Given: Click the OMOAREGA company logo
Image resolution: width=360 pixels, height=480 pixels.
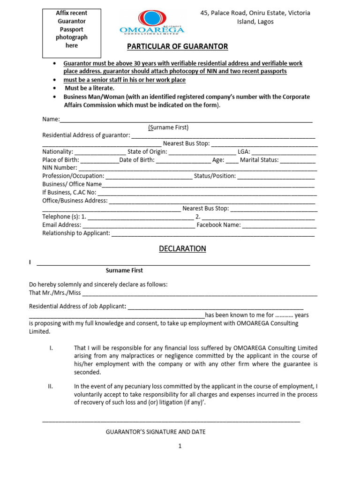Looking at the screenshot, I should [x=152, y=22].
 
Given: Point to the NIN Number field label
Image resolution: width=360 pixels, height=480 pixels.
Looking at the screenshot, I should [x=60, y=167].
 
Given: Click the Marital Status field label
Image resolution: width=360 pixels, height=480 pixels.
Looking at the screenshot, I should [x=259, y=160].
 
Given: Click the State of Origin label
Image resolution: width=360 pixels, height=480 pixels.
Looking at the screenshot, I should [x=147, y=152].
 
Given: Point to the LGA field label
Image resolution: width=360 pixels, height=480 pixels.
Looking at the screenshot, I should [x=244, y=152].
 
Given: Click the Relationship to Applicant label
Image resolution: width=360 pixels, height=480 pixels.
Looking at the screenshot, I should [x=76, y=233].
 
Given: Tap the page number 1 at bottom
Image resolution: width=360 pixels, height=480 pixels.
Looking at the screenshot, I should [x=180, y=447].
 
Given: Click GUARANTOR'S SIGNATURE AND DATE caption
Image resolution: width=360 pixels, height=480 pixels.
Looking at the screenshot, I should [x=156, y=432].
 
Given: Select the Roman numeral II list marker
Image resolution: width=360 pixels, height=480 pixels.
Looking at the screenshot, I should [x=51, y=386].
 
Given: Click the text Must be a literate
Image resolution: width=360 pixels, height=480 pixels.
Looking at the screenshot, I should [x=90, y=88].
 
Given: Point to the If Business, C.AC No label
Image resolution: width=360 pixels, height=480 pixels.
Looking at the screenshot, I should [x=69, y=192].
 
